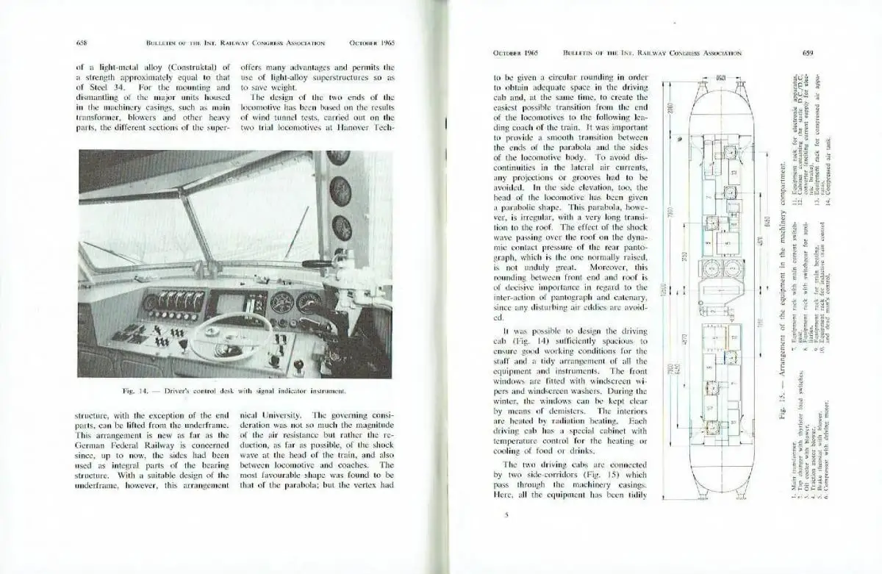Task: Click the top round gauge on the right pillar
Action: (337, 157)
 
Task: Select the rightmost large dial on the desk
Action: (308, 302)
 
